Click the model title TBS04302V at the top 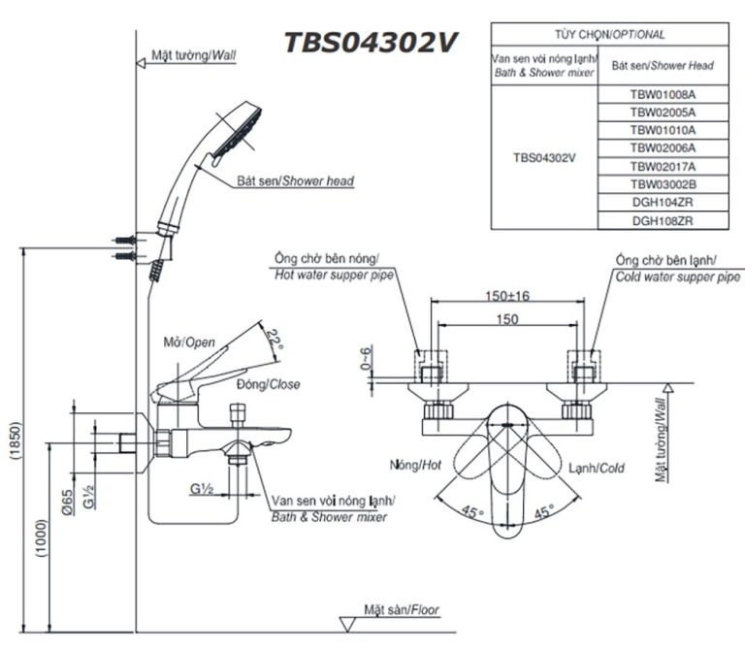[x=372, y=44]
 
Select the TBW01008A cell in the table [x=663, y=96]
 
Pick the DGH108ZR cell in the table [x=663, y=220]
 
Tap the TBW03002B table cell [x=663, y=184]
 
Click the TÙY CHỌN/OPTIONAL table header [x=609, y=34]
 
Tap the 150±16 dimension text [x=507, y=296]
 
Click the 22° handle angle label [x=276, y=341]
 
